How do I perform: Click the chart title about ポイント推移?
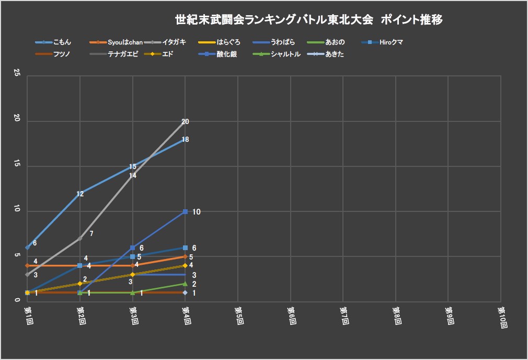(309, 20)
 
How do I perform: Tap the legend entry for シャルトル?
(285, 54)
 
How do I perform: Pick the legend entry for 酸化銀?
(226, 54)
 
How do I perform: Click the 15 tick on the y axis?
(17, 166)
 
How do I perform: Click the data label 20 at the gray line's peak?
(185, 121)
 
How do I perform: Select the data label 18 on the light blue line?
(185, 140)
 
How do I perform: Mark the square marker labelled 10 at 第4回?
(185, 211)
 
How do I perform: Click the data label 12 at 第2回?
(80, 194)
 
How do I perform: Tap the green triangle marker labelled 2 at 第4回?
(185, 284)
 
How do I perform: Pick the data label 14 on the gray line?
(133, 176)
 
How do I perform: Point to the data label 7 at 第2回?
(91, 234)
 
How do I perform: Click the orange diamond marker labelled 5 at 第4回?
(185, 256)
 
